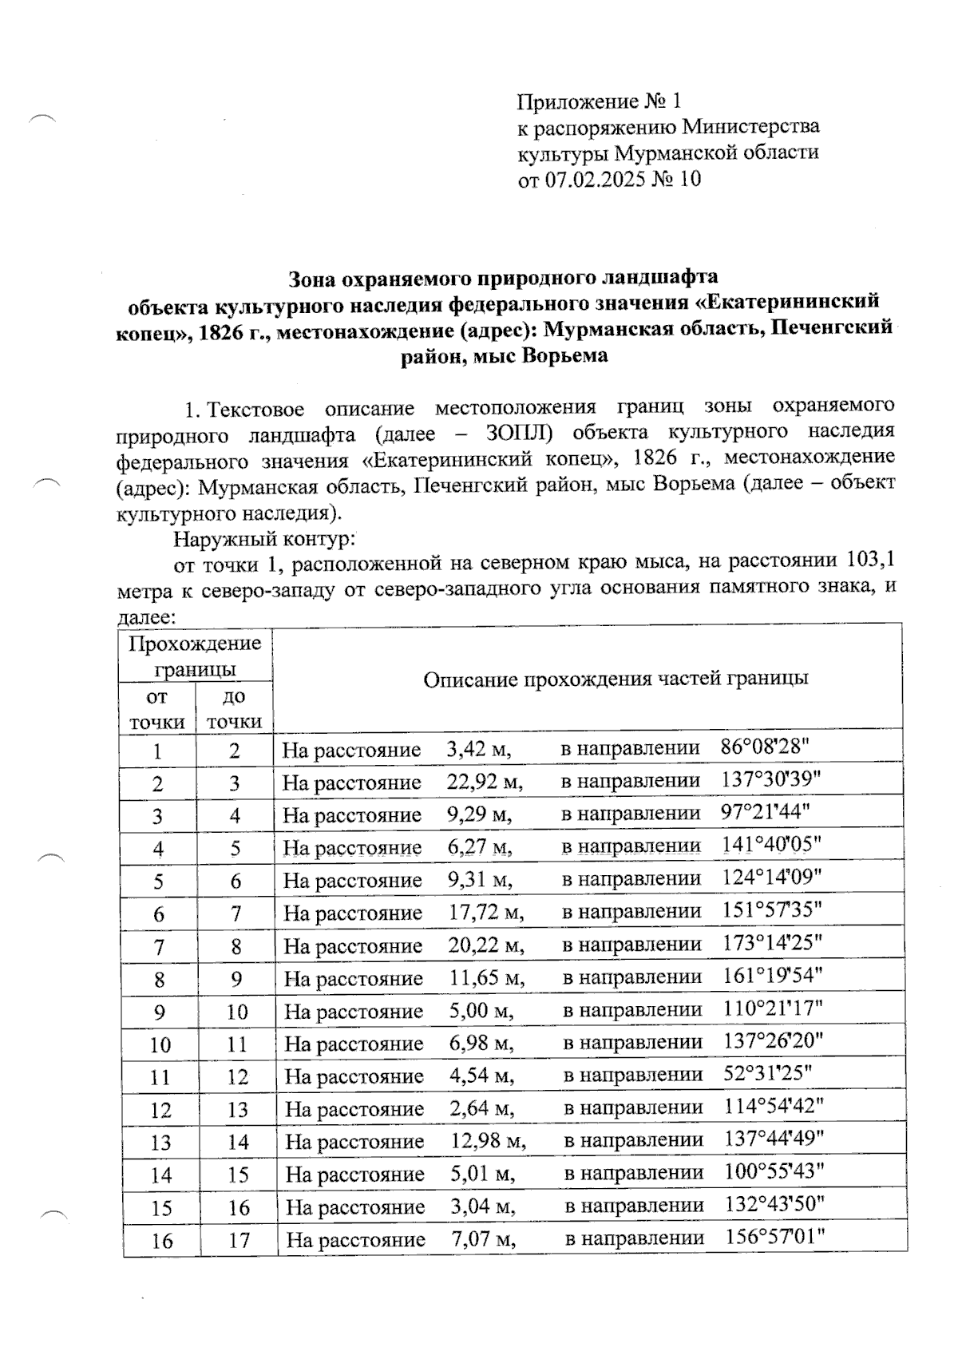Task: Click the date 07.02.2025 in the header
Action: tap(596, 179)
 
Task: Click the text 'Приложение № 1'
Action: tap(600, 101)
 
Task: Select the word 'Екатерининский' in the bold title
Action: tap(799, 302)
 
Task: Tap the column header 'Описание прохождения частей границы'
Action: tap(615, 679)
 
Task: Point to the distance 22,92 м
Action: tap(484, 782)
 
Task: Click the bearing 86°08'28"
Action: tap(765, 748)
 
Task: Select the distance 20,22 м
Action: tap(485, 946)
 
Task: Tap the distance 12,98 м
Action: tap(486, 1142)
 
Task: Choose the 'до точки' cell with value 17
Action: tap(238, 1241)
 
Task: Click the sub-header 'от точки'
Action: tap(157, 709)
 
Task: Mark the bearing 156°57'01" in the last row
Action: tap(774, 1238)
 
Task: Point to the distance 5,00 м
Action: tap(480, 1012)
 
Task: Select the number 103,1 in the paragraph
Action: tap(865, 561)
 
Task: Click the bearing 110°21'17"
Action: tap(772, 1009)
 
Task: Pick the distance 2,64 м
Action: tap(481, 1109)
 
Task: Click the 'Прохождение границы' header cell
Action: tap(196, 655)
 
